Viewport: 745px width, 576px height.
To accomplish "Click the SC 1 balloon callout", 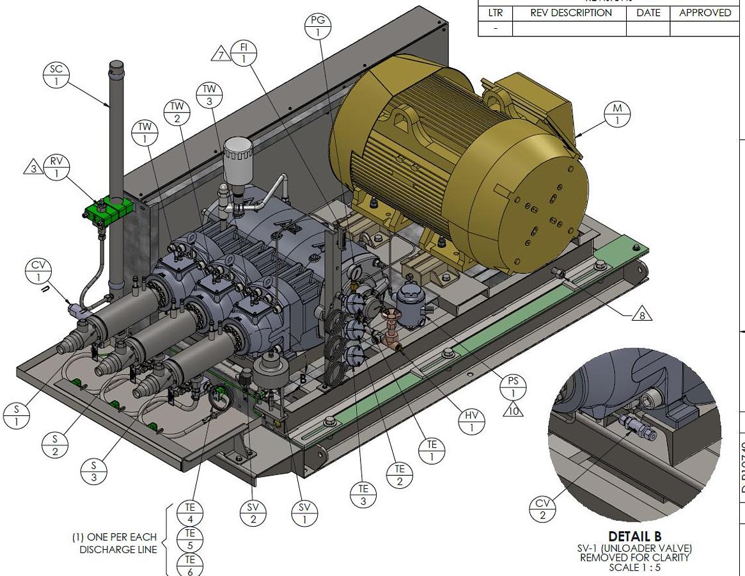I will (56, 75).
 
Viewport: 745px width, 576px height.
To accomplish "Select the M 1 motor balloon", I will (617, 115).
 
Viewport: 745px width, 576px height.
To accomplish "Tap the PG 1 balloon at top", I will (318, 26).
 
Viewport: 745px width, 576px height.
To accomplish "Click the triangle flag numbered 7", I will (221, 55).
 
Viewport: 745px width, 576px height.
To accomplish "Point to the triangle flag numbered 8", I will (641, 314).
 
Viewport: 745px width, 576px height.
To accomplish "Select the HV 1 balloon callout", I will (472, 422).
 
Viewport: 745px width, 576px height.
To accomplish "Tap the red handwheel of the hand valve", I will (389, 316).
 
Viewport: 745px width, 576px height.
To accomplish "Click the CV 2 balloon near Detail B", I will (542, 509).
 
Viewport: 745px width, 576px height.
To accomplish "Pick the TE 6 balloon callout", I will (190, 564).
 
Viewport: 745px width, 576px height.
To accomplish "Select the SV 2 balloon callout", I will (253, 513).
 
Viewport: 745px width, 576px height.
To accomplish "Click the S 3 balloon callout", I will (94, 472).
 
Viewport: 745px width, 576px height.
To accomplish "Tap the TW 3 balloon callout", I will (209, 95).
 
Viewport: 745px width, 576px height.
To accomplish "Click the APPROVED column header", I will (705, 13).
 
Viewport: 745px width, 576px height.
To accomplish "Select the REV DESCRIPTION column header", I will (570, 13).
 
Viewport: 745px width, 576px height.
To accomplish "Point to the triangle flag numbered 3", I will (33, 168).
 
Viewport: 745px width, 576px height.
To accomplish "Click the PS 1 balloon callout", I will (514, 387).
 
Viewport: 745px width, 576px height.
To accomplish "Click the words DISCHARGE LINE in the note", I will (118, 549).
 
